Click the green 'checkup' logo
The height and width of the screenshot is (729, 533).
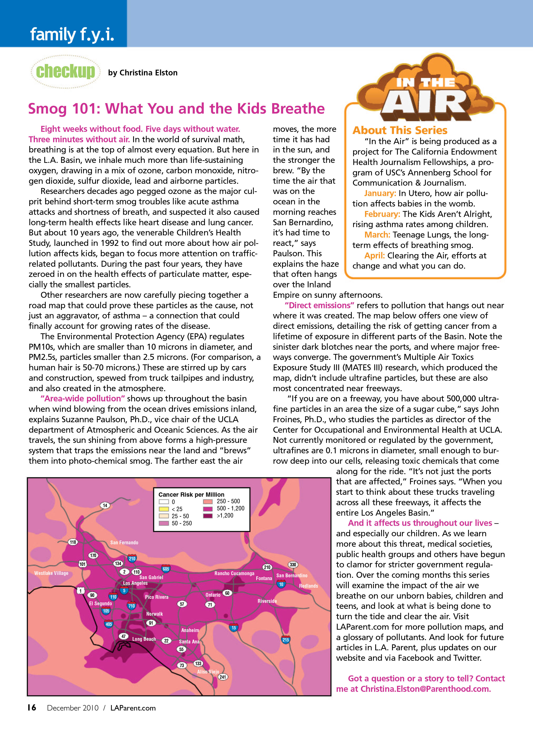click(x=65, y=71)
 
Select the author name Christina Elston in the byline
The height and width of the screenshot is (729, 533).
click(x=149, y=73)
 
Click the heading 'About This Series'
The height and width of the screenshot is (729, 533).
click(x=400, y=130)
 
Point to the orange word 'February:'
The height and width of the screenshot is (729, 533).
click(x=382, y=214)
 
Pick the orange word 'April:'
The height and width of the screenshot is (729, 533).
click(x=374, y=256)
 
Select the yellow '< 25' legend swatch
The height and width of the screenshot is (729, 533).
click(x=164, y=509)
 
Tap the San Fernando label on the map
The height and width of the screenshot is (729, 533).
click(x=124, y=542)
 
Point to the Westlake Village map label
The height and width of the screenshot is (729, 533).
click(x=51, y=573)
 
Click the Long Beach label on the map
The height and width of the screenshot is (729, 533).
click(x=144, y=639)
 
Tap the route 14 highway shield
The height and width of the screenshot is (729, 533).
click(x=105, y=505)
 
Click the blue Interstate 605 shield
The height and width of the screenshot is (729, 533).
click(x=166, y=569)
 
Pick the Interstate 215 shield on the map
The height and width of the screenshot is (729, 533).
click(x=285, y=640)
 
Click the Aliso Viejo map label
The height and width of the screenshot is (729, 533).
click(x=208, y=672)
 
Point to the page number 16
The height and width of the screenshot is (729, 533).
click(x=32, y=707)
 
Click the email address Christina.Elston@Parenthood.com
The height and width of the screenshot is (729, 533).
click(x=425, y=689)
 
